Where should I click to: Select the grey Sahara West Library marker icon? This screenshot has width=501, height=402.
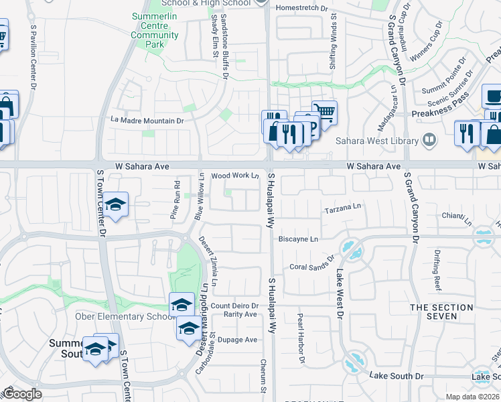click(429, 141)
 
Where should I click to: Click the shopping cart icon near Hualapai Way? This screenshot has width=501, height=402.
click(324, 112)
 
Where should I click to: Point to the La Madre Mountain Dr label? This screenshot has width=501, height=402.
click(147, 121)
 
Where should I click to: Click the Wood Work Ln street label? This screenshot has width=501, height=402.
click(234, 176)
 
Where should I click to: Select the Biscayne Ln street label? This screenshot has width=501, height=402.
click(298, 239)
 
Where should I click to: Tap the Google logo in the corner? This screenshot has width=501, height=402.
click(21, 393)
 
